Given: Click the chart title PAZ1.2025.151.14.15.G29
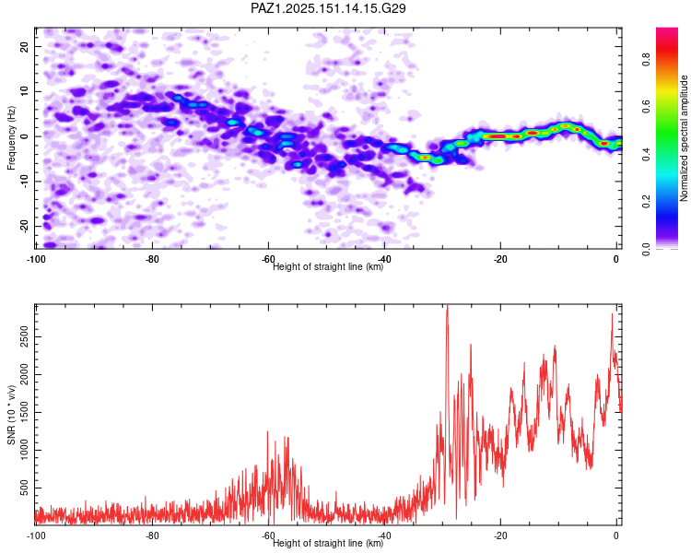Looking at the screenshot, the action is point(328,8).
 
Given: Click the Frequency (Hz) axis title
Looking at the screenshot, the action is point(11,138).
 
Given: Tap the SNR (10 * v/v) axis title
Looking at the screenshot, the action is point(11,415).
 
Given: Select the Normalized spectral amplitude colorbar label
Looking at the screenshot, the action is point(684,138).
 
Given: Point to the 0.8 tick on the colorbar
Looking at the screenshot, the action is point(647,59).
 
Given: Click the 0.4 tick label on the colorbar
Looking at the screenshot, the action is point(647,154).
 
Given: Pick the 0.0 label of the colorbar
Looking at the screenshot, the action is point(647,249).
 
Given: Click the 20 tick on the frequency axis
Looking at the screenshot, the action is point(24,47).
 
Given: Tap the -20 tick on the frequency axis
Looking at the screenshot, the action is point(24,227).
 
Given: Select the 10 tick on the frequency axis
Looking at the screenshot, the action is point(24,92).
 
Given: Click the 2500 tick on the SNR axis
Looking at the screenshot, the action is point(24,337).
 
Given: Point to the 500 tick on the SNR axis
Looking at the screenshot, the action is point(24,488).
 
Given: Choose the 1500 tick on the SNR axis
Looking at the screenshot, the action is point(24,412).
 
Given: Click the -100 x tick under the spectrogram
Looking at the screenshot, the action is point(36,259).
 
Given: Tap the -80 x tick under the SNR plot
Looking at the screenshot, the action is point(152,535).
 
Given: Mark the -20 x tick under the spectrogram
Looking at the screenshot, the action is point(500,259).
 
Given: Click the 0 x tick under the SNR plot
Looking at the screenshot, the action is point(616,535).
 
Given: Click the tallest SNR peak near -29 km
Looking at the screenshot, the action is point(447,306).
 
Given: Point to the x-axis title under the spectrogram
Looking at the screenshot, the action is point(328,266).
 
